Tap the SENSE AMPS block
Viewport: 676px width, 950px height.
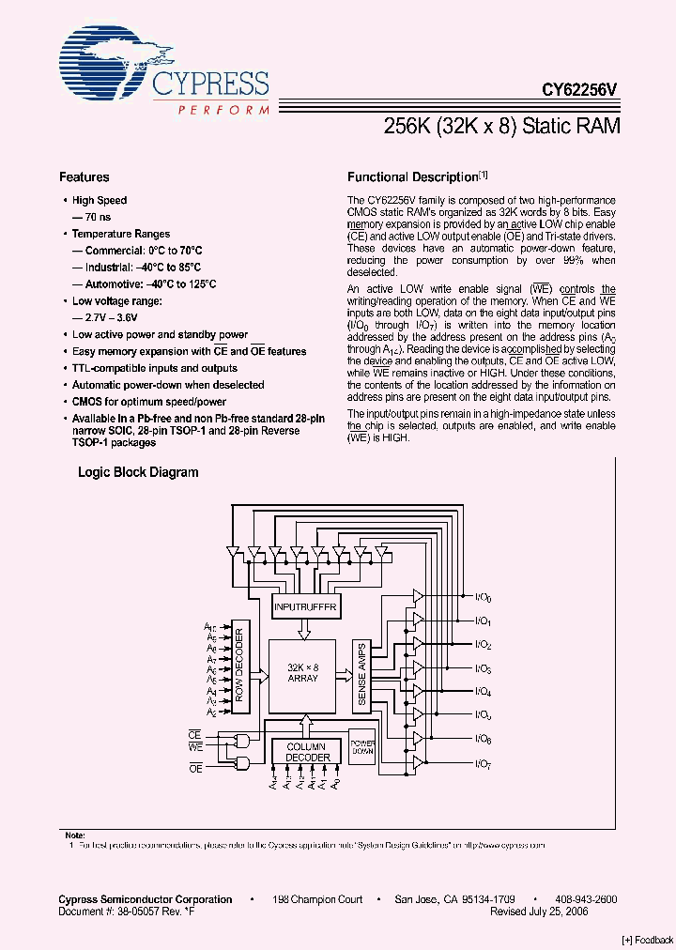(362, 675)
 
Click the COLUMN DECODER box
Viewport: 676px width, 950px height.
(308, 752)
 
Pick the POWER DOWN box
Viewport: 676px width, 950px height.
(362, 748)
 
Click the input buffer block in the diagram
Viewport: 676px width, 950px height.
(303, 605)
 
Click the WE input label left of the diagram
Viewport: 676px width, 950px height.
(195, 746)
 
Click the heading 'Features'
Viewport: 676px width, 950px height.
(84, 176)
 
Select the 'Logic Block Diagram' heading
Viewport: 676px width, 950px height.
(138, 472)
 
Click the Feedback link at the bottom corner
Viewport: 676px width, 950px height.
(648, 939)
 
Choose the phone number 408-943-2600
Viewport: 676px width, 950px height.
(586, 899)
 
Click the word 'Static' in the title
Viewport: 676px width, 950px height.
(550, 126)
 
